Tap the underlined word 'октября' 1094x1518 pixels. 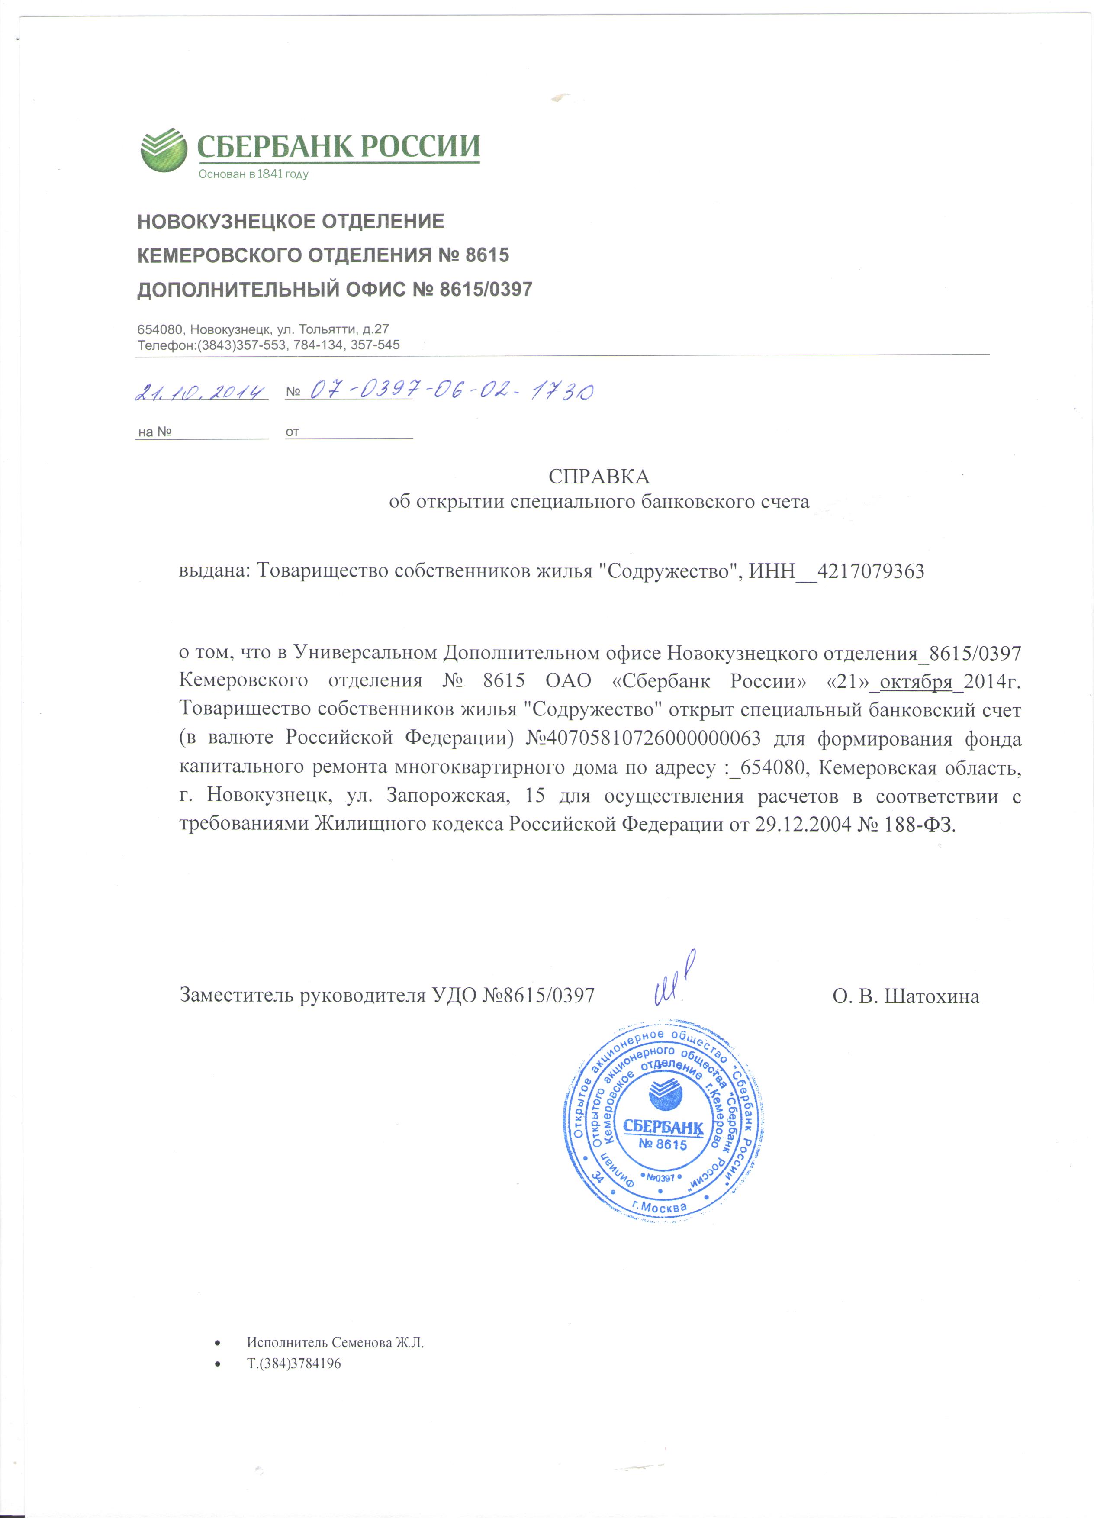[915, 681]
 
